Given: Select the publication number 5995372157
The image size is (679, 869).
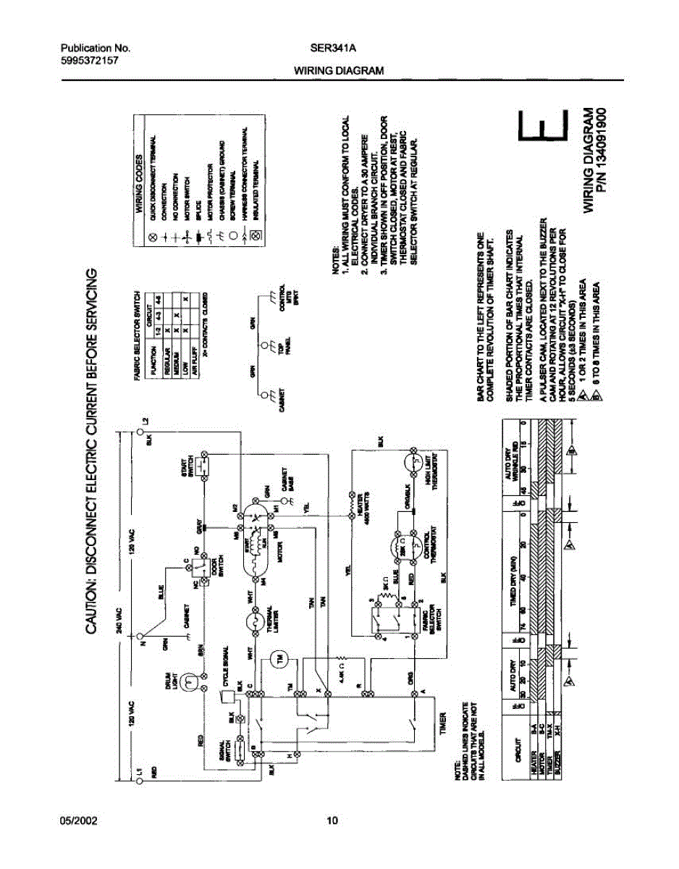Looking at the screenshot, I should click(89, 61).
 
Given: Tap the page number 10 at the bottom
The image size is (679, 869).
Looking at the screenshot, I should click(332, 821).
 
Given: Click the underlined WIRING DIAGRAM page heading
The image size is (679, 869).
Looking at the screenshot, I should click(338, 71).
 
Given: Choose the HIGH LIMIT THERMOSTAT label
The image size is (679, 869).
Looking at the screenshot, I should click(436, 478).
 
